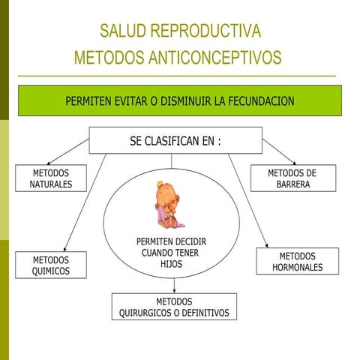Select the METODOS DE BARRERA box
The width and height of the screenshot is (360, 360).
tap(292, 178)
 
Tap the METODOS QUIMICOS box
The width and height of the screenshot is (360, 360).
tap(51, 265)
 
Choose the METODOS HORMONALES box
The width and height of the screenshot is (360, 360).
tap(298, 262)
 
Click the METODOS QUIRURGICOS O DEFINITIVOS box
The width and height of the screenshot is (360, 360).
tap(174, 307)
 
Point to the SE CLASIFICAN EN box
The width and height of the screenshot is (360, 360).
tap(175, 140)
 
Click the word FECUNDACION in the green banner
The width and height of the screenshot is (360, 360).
tap(255, 100)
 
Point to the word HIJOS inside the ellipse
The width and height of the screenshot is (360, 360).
tap(171, 264)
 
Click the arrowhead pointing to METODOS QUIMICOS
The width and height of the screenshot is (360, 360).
tap(65, 248)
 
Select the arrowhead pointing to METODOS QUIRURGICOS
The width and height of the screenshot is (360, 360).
tap(174, 291)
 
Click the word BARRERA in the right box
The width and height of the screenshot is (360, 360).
tap(292, 184)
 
